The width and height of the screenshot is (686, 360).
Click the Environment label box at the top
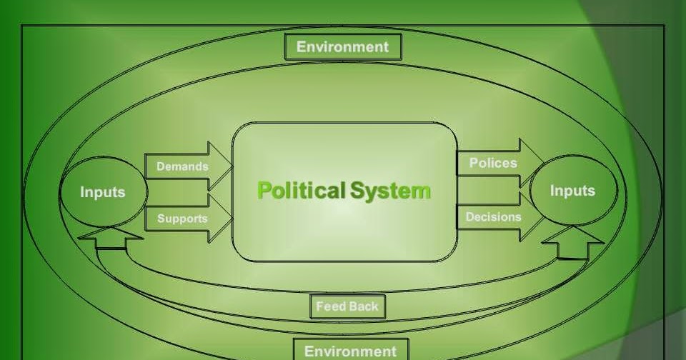click(x=343, y=47)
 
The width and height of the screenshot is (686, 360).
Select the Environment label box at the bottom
click(x=350, y=350)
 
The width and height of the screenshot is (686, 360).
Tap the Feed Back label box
click(x=347, y=306)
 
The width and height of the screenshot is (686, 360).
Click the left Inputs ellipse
click(x=102, y=192)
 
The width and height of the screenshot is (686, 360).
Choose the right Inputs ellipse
click(x=572, y=191)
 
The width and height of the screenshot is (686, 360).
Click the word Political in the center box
click(x=301, y=191)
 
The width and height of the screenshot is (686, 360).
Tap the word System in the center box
click(x=390, y=191)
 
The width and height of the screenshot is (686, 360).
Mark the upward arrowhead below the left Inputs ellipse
click(x=109, y=238)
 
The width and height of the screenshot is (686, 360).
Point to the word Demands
click(x=182, y=166)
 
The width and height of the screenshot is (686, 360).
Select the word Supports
click(x=182, y=219)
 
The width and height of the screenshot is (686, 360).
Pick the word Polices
click(x=492, y=163)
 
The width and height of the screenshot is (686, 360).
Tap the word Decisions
click(x=493, y=216)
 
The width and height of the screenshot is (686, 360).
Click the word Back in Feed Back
click(x=364, y=306)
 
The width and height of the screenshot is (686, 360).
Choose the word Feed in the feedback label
click(x=331, y=306)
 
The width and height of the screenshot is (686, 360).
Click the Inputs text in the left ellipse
click(x=102, y=192)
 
